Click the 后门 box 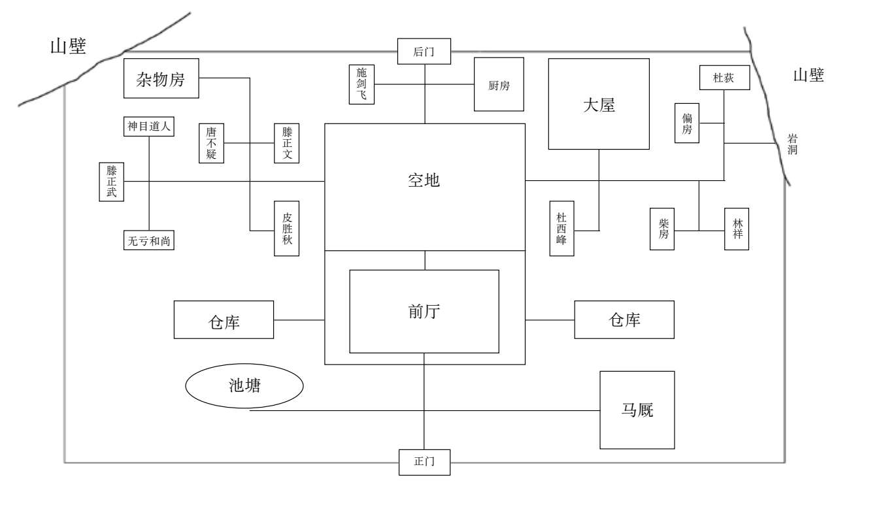point(424,52)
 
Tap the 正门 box point(424,462)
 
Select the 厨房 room point(499,85)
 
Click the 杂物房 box point(161,79)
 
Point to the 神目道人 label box point(149,127)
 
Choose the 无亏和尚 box point(149,241)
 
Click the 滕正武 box point(111,182)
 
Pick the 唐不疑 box point(210,143)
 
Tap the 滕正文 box point(287,143)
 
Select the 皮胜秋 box point(287,228)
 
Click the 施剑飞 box point(361,84)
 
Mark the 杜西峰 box point(561,229)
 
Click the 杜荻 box point(724,78)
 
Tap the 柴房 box point(663,229)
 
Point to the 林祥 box point(737,229)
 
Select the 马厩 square point(637,410)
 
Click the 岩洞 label point(792,144)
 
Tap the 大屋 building point(598,104)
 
